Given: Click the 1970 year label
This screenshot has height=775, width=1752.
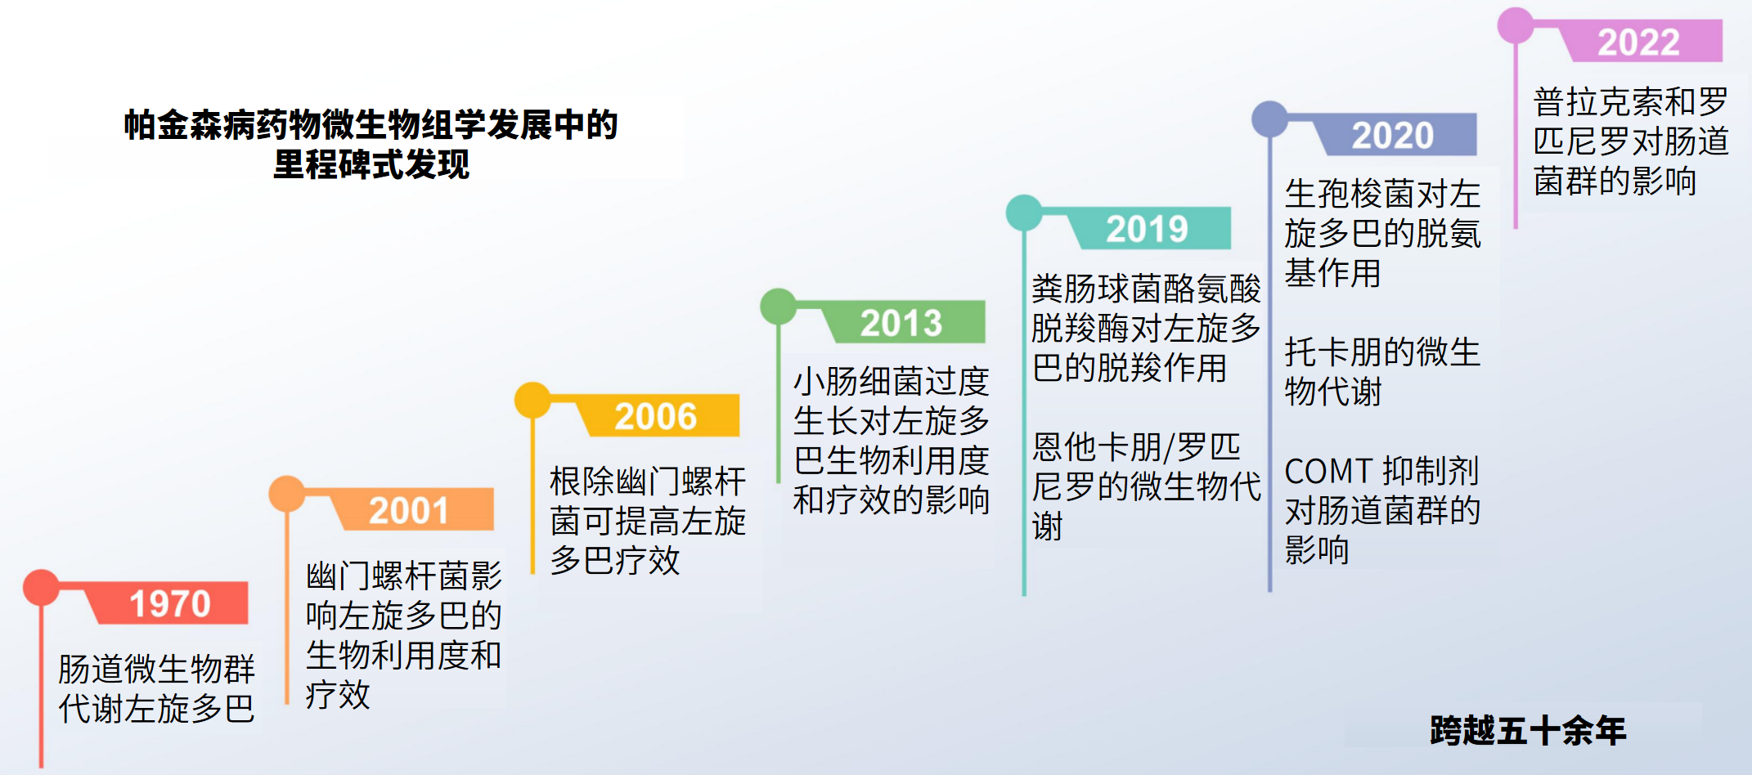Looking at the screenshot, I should [x=170, y=604].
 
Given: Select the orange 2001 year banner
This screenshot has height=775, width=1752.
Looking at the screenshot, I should [x=409, y=511].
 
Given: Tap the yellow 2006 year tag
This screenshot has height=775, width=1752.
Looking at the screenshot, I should [x=655, y=416].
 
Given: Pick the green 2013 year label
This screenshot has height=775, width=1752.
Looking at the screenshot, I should [x=901, y=323].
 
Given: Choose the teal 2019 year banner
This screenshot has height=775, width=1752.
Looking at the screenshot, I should [x=1147, y=229].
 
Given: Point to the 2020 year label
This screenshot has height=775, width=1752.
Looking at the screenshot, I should [x=1392, y=135].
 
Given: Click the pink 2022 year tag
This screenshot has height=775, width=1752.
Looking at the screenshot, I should [x=1638, y=42].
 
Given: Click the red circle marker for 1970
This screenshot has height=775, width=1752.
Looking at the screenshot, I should [x=41, y=587].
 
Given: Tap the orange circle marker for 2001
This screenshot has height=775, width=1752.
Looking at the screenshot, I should [x=287, y=494].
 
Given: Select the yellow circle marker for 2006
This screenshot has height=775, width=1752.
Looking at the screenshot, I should [x=532, y=400].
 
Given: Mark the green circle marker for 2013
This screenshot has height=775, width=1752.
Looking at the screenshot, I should [x=778, y=306].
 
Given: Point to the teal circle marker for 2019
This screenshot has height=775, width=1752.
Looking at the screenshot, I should [x=1024, y=213].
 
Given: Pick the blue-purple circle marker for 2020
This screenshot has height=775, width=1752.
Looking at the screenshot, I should [x=1269, y=119].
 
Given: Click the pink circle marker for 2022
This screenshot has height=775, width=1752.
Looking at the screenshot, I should [x=1516, y=25].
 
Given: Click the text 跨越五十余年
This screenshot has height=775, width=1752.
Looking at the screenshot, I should [x=1528, y=730].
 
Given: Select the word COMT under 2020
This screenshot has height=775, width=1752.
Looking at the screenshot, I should [x=1328, y=472].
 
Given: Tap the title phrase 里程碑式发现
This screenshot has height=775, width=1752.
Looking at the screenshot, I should [x=371, y=164].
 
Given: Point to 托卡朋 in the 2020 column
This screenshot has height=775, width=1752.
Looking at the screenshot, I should [x=1333, y=352].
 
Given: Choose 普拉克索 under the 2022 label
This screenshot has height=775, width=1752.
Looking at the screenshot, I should [x=1598, y=102].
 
